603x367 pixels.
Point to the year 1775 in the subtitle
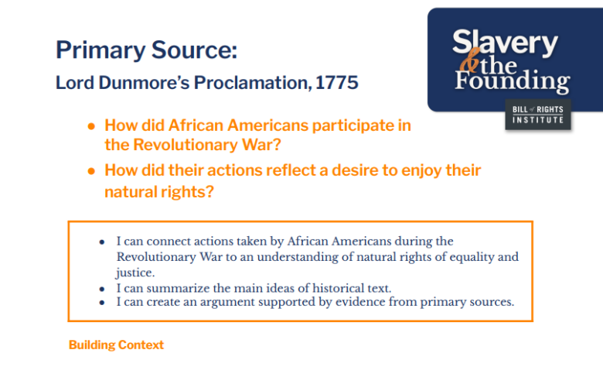pos(336,82)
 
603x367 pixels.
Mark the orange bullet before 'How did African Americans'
pos(91,125)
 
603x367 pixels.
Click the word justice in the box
pos(135,272)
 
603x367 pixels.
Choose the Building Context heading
pos(116,345)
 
